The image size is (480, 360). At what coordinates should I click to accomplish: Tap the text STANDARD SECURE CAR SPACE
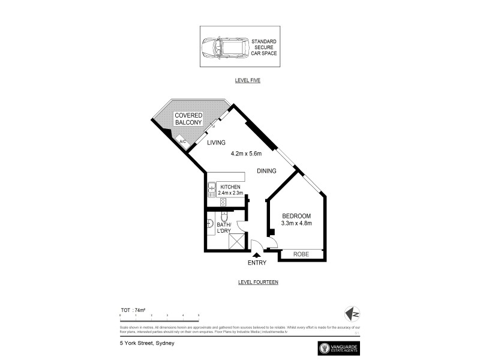pos(260,46)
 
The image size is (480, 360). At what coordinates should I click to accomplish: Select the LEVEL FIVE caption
pos(247,80)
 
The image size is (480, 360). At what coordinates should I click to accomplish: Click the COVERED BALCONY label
pos(188,119)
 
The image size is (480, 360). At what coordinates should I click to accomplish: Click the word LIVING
pos(216,143)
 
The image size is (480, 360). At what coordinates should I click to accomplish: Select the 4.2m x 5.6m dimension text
pos(250,154)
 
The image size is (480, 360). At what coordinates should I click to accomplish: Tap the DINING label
pos(266,171)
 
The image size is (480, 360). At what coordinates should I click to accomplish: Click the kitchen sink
pos(212,190)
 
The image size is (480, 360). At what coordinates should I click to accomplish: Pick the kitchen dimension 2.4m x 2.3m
pos(230,193)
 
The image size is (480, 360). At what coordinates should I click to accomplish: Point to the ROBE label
pos(301,254)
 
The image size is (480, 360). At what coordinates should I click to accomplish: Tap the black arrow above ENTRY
pos(256,256)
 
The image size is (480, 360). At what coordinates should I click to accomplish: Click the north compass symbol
pos(353,313)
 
